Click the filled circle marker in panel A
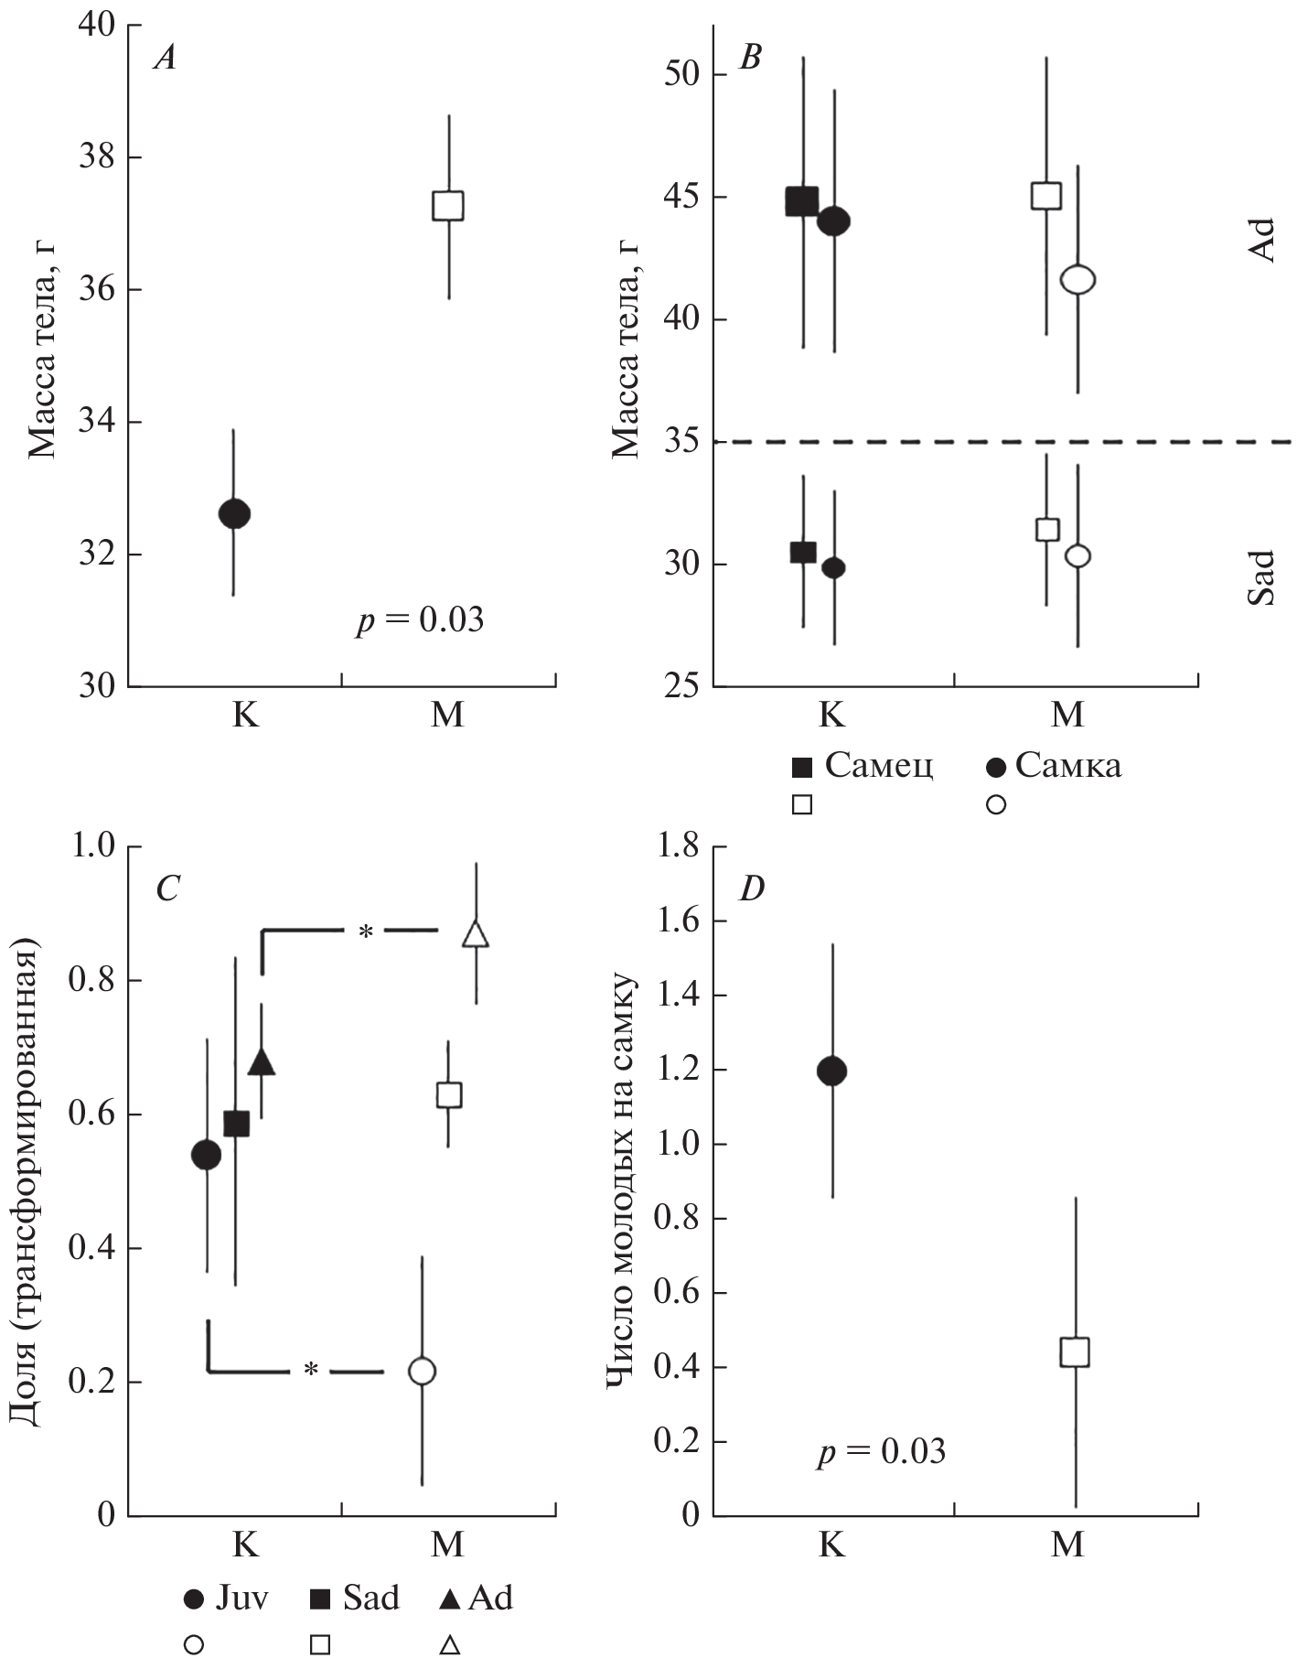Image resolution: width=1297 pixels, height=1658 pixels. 234,513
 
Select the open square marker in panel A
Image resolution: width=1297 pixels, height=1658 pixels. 448,205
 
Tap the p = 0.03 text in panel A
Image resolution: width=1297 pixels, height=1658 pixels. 420,620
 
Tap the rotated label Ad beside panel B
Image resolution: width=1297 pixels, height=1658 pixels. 1261,241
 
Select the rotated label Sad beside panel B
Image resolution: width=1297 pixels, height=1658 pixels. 1261,576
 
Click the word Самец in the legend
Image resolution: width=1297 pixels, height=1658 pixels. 879,765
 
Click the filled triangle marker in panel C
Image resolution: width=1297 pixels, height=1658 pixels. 262,1061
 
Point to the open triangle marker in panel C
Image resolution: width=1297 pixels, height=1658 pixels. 476,934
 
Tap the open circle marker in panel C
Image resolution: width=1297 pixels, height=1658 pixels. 422,1371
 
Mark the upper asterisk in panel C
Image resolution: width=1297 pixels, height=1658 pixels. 366,932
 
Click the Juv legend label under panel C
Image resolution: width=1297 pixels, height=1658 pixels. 241,1598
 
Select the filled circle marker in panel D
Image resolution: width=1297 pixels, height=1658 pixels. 831,1071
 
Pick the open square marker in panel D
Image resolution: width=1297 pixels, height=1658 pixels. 1075,1351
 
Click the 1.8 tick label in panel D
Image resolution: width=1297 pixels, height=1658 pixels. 678,846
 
